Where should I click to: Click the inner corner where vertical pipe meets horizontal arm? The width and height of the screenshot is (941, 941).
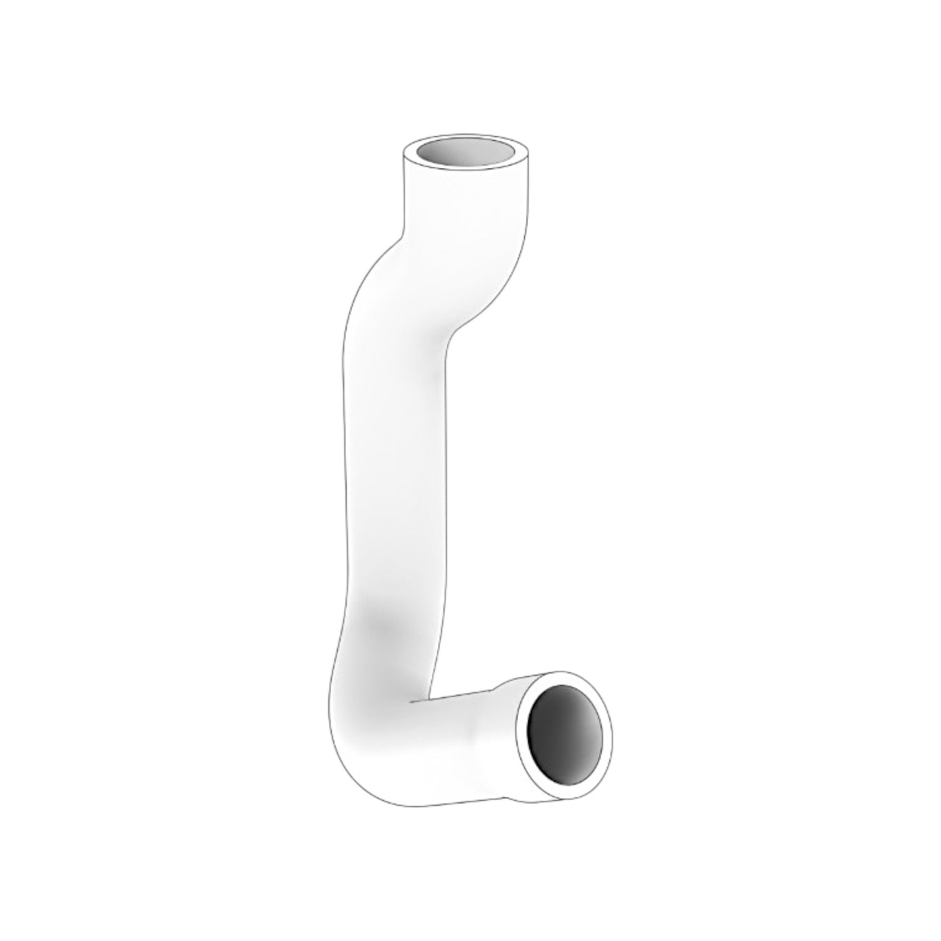click(x=412, y=703)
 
